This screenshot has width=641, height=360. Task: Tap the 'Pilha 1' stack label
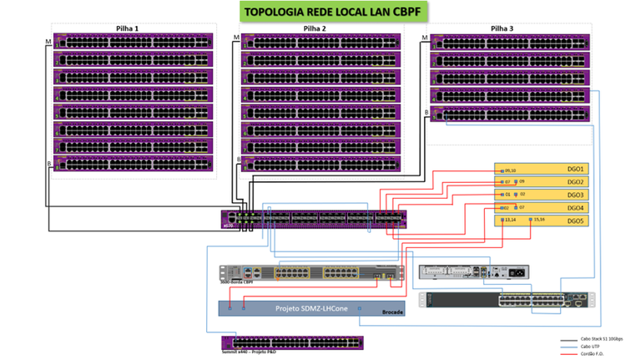click(128, 28)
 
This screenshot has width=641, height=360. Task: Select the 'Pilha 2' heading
click(315, 28)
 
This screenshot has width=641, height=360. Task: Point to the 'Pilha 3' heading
click(502, 28)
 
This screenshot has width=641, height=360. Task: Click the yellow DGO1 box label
click(577, 168)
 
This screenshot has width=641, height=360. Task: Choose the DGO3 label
click(577, 195)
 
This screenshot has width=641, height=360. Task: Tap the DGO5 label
click(577, 221)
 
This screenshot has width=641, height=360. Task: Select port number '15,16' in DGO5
click(539, 220)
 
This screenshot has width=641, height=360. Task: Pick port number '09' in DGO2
click(522, 181)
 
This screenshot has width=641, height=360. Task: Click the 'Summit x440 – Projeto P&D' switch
click(292, 342)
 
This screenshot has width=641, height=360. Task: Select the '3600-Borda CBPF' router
click(310, 272)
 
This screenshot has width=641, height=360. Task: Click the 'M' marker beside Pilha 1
click(48, 38)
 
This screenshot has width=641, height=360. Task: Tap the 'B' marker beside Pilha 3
click(426, 112)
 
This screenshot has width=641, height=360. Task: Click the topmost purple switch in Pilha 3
click(508, 41)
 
